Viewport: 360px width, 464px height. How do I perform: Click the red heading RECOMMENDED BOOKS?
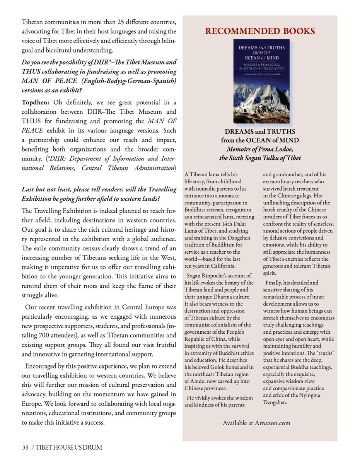[259, 31]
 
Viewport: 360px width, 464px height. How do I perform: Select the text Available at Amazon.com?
[256, 423]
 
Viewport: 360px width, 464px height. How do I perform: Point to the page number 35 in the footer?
[25, 448]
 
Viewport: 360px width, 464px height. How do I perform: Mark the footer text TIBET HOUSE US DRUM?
[70, 448]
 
